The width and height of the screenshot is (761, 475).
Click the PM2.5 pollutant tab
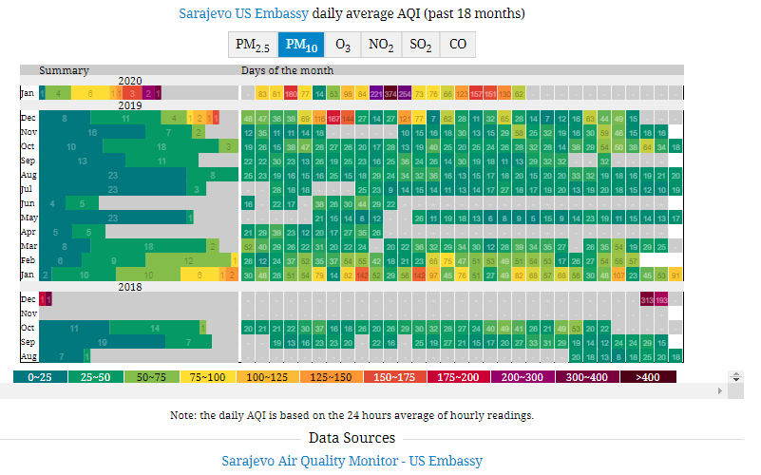click(252, 45)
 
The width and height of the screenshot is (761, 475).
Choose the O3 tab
click(343, 45)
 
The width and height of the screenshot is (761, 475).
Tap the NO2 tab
click(381, 45)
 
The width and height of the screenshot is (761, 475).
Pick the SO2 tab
click(420, 45)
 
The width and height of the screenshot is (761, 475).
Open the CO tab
click(457, 45)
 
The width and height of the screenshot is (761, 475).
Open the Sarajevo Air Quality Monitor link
click(352, 461)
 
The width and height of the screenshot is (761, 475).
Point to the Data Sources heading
click(352, 438)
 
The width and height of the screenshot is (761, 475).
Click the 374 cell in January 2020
click(391, 93)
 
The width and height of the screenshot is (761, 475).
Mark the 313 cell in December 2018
click(648, 298)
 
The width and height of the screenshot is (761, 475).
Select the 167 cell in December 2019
click(334, 118)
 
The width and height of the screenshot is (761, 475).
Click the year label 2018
click(129, 287)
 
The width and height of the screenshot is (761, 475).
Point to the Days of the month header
click(287, 70)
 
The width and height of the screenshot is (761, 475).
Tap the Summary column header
click(65, 70)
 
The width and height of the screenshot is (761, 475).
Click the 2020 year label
click(129, 82)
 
